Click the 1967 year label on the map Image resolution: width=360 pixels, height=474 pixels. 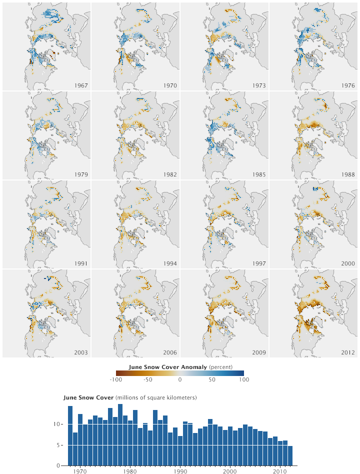(80, 85)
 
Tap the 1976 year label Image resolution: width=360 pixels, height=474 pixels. (348, 85)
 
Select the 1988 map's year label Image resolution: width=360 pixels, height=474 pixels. (348, 174)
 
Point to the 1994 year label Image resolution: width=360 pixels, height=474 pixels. (170, 263)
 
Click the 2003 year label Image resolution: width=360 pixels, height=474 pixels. (80, 352)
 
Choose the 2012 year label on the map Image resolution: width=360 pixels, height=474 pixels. (348, 352)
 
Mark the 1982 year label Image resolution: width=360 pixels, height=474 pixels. (170, 174)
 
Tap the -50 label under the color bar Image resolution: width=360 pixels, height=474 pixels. (148, 380)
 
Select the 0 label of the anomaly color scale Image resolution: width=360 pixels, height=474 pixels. (180, 380)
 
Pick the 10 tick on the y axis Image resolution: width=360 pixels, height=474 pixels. (57, 424)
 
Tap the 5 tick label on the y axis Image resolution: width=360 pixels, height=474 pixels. (59, 444)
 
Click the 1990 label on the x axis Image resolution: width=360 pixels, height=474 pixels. (180, 470)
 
